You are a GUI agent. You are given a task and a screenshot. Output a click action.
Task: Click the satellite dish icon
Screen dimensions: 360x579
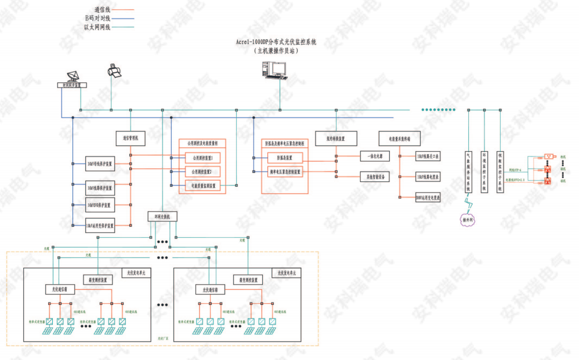pos(74,76)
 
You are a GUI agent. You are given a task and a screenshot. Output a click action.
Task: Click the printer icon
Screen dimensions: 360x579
pos(114,71)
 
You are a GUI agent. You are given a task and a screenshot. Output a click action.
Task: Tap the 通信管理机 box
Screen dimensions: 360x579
pos(130,139)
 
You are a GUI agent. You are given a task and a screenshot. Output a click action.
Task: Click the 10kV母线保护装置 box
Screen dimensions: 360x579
pos(100,165)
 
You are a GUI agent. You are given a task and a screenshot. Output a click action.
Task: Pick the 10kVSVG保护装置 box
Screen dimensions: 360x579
pos(100,205)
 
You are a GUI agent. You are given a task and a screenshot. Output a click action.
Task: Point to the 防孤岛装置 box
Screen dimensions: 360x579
pos(285,158)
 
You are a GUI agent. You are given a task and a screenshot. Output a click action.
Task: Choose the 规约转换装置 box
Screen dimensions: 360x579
pos(336,139)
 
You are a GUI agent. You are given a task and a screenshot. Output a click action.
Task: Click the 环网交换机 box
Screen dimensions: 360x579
pos(162,216)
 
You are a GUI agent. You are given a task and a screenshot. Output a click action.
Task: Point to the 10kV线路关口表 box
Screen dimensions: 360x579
pos(428,157)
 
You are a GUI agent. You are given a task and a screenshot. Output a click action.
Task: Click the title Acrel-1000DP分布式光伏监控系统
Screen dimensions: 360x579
pos(276,42)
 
